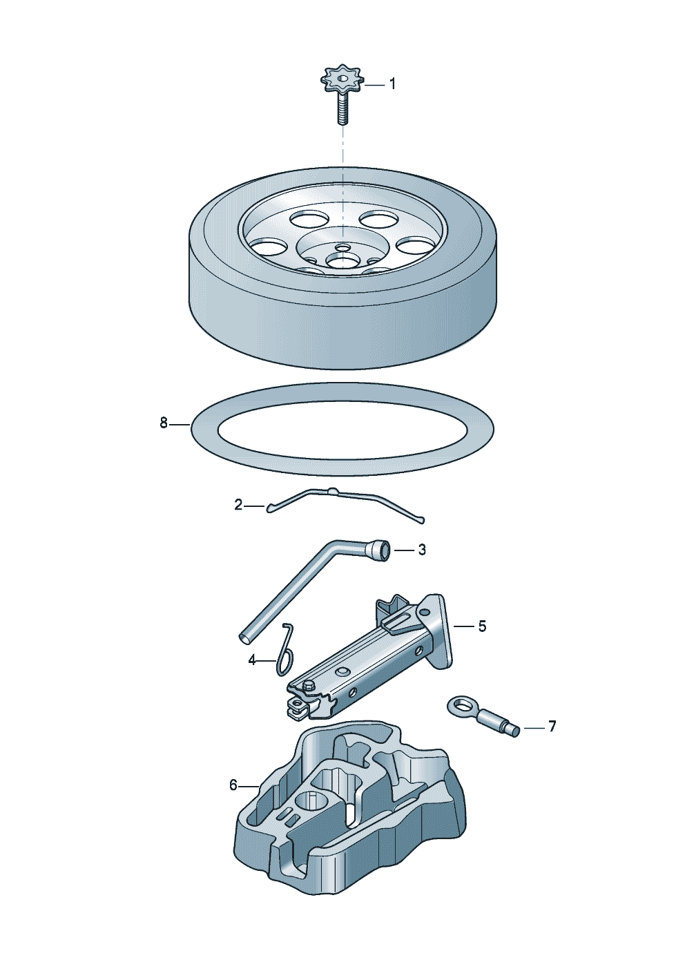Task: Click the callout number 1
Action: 392,84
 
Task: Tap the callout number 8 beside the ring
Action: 164,423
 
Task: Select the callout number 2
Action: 238,506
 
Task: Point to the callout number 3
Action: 422,550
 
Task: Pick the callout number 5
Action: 482,626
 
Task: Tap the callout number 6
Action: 233,785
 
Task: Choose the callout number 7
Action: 552,727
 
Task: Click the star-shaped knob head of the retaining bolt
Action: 342,81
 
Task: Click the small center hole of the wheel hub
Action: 342,247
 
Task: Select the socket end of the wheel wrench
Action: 380,550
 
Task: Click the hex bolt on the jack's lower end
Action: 309,684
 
